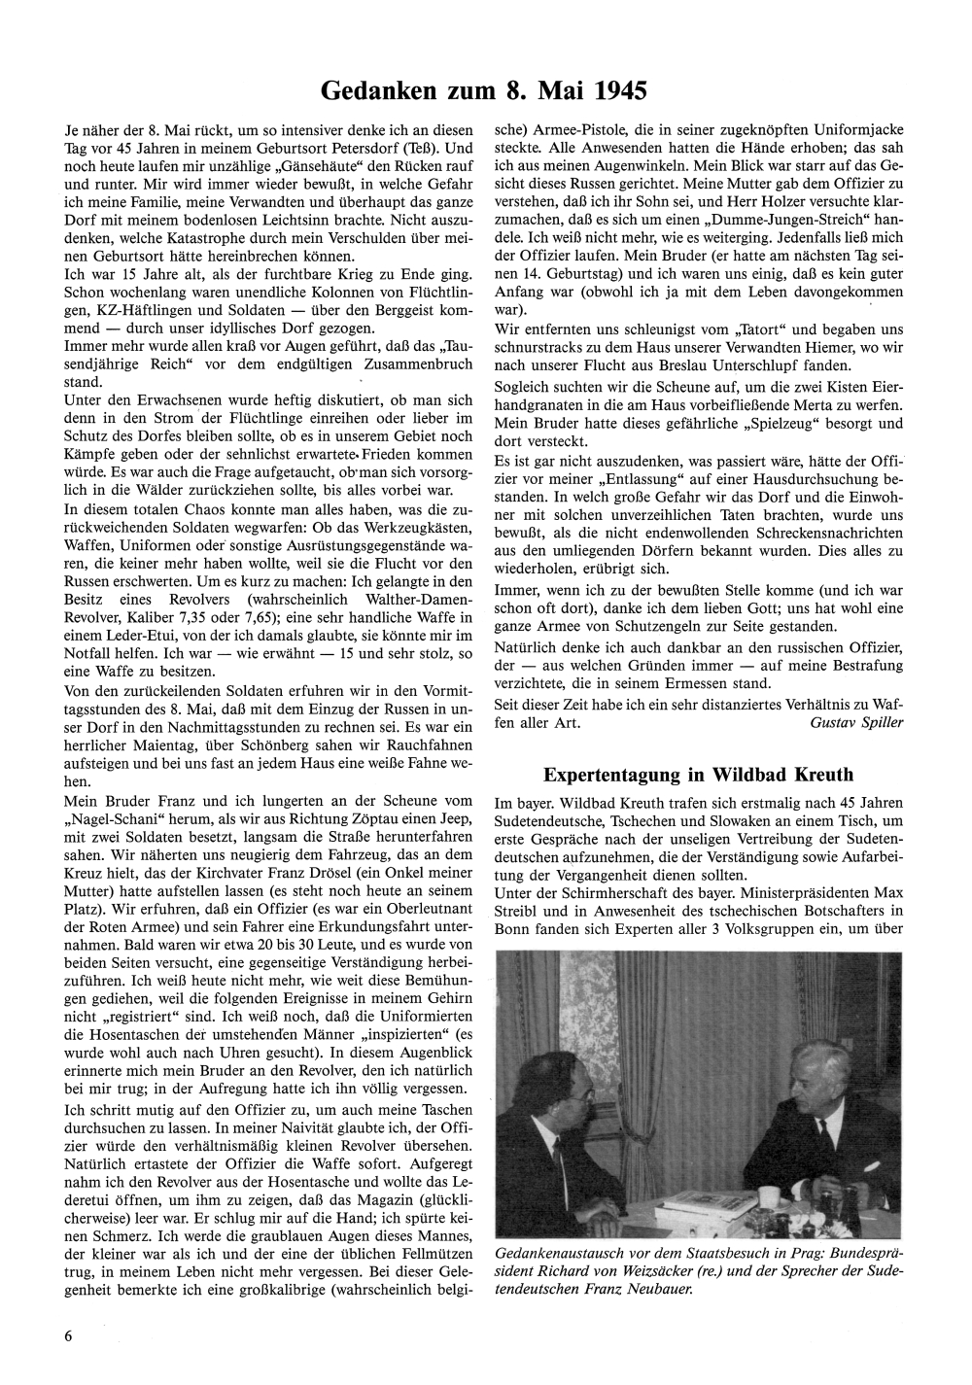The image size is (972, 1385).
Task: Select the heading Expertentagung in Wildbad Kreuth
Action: pos(698,775)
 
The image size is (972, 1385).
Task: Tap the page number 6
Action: pos(68,1334)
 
